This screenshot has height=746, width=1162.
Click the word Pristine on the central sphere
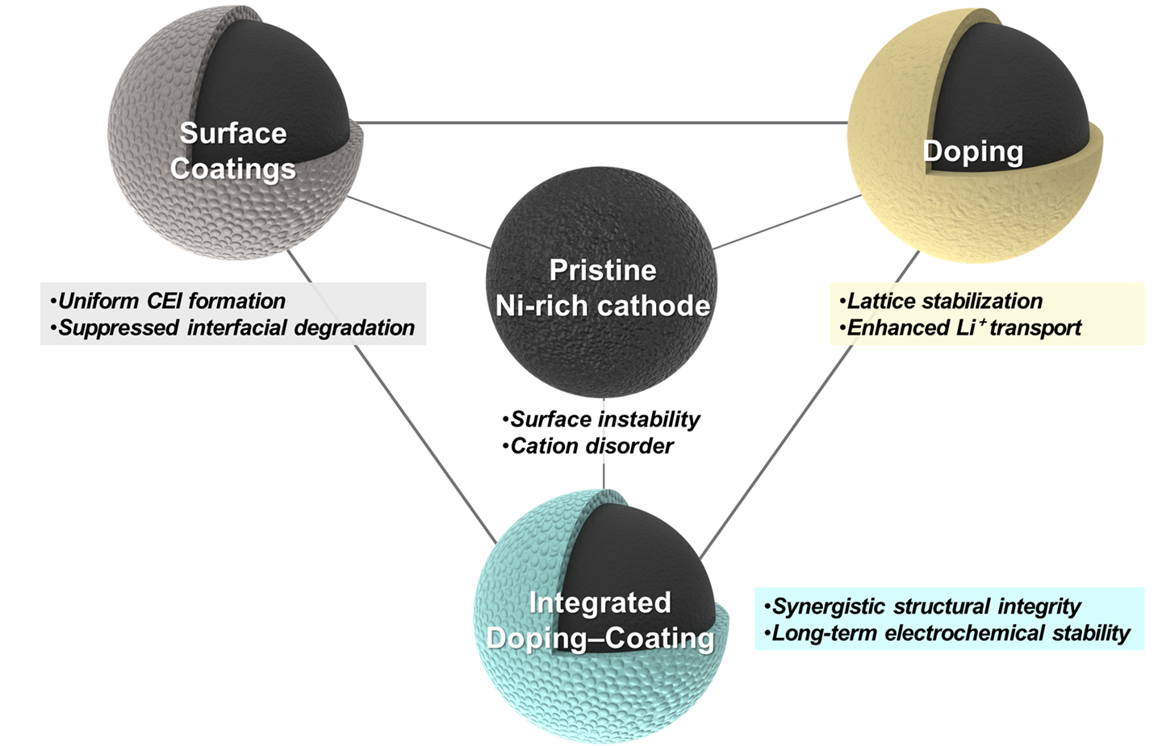(603, 270)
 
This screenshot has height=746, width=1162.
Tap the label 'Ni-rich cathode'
(603, 306)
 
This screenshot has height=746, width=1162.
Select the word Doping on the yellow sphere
(972, 152)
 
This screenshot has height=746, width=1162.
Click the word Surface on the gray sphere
(233, 133)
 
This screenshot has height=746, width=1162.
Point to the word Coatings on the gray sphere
(233, 169)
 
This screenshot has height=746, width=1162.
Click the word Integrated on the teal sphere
(600, 602)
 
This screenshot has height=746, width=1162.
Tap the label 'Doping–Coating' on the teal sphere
(600, 638)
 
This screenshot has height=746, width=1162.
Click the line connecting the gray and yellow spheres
(601, 123)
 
